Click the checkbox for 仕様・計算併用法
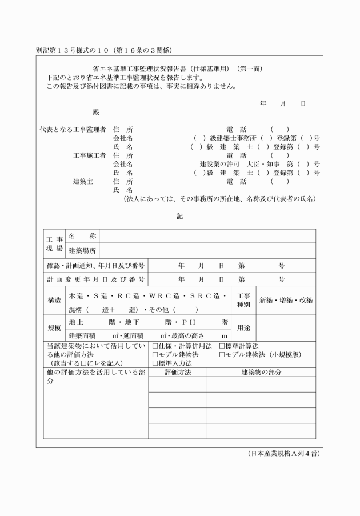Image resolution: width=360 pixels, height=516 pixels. [155, 346]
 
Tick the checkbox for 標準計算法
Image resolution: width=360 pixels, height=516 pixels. [222, 346]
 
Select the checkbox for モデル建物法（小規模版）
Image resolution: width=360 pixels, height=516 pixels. [222, 354]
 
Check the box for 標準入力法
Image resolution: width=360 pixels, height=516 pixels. [155, 363]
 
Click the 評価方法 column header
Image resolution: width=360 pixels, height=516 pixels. [178, 372]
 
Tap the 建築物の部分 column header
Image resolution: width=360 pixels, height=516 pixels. [261, 372]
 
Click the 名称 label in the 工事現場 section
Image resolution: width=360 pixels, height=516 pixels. [82, 235]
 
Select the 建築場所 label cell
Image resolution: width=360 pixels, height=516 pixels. [82, 250]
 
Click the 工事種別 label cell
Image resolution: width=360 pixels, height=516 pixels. [243, 300]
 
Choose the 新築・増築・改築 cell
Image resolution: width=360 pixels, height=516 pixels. [286, 300]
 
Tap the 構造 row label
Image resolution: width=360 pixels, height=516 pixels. [55, 300]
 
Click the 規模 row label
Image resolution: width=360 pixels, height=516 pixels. [55, 329]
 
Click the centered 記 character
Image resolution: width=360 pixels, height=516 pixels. [180, 216]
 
